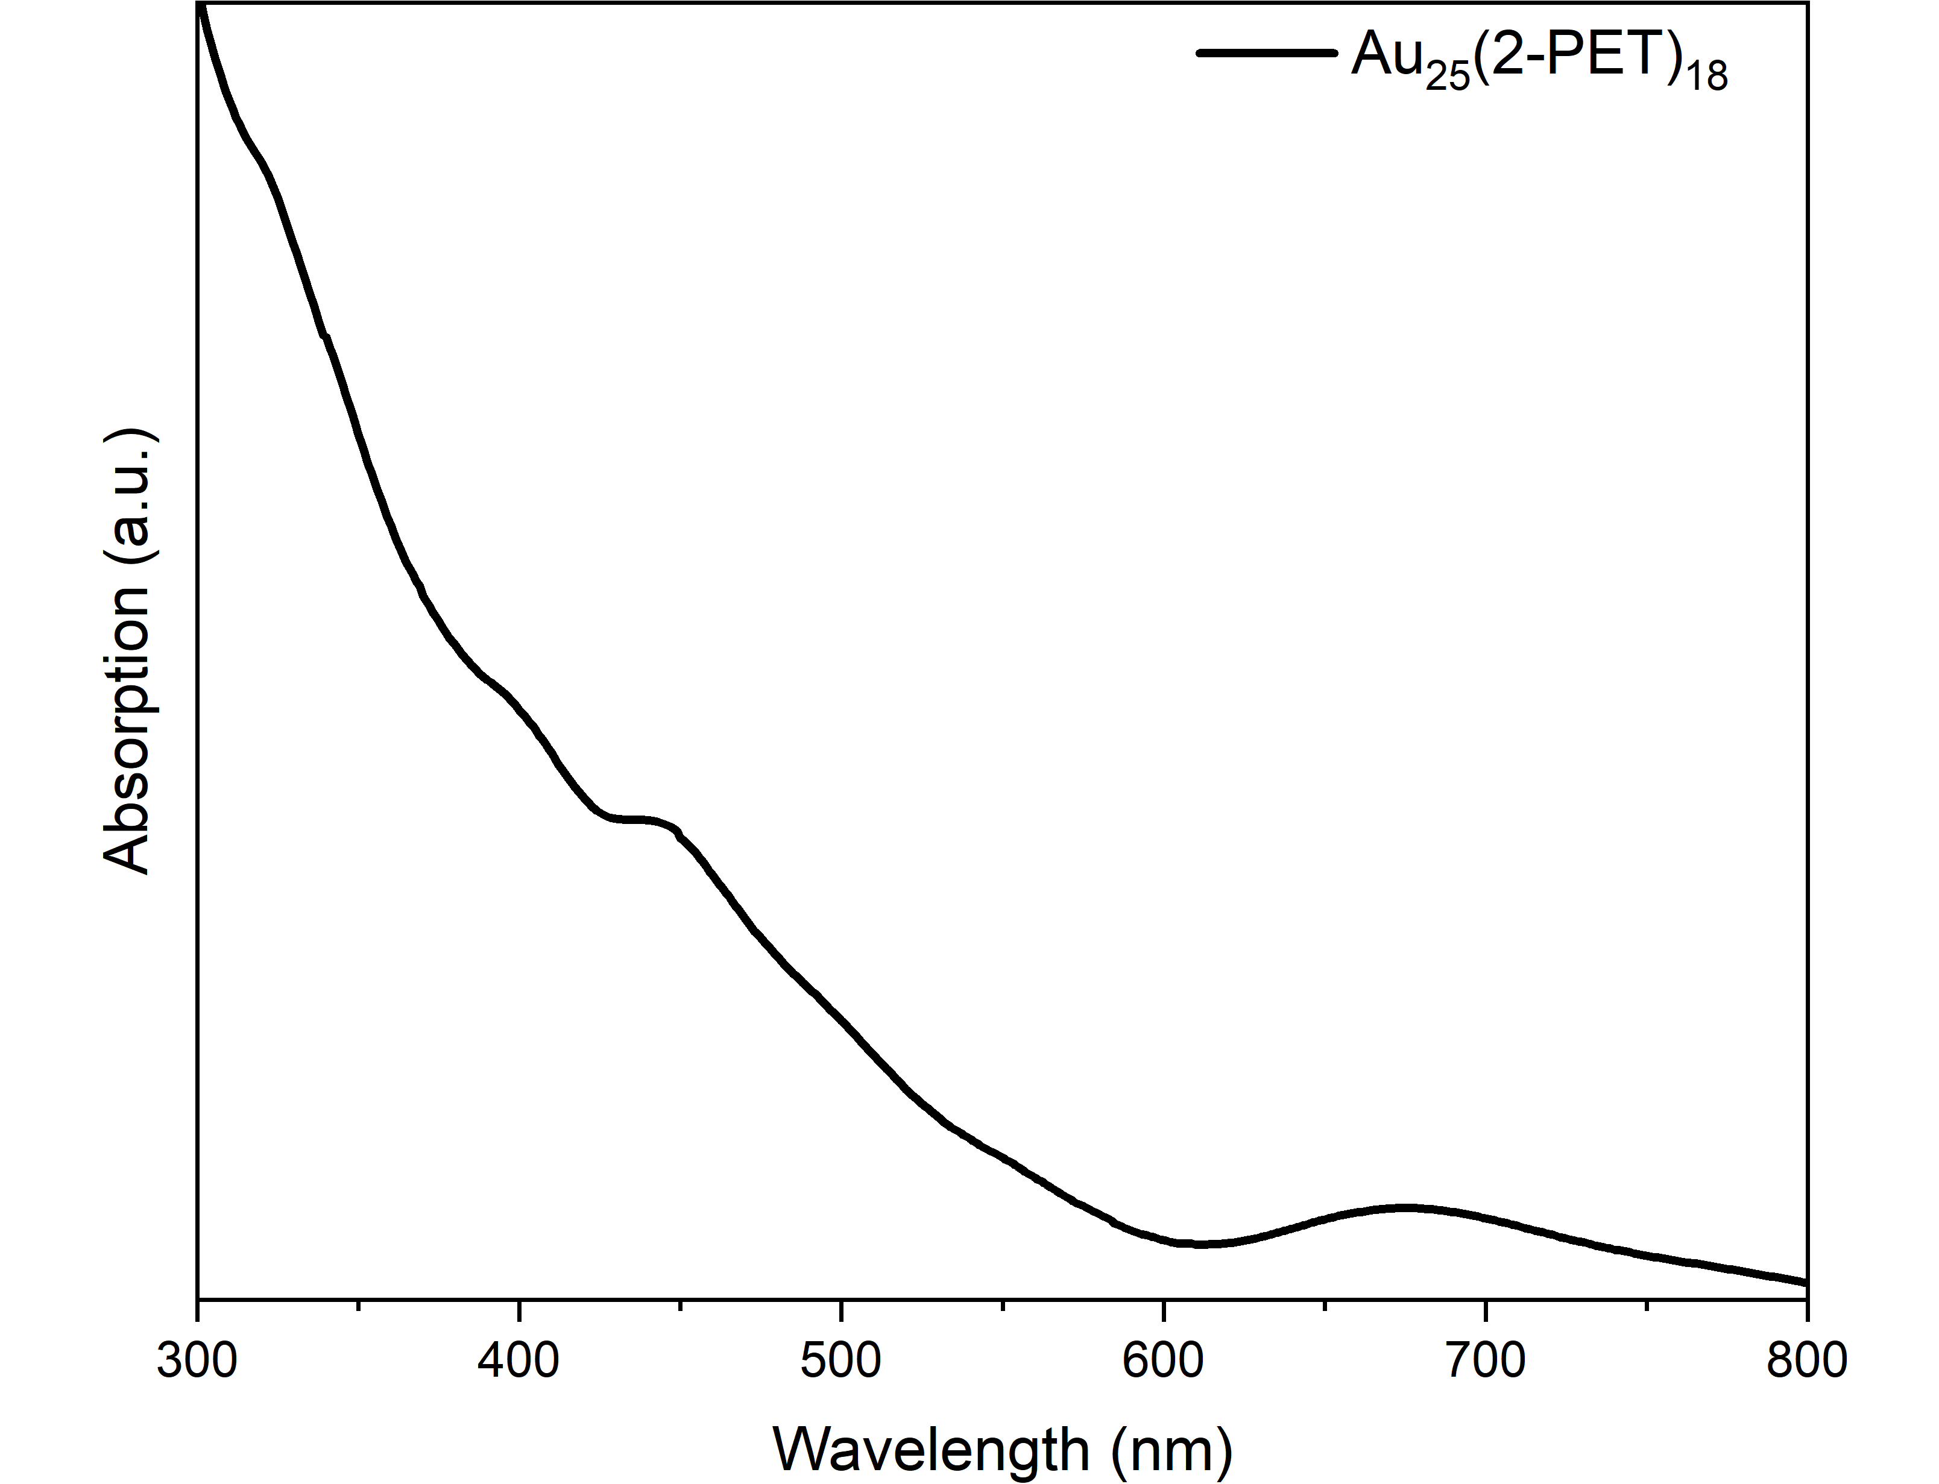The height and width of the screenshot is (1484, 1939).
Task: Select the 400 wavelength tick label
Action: [519, 1361]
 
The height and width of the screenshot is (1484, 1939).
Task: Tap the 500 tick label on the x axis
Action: [841, 1361]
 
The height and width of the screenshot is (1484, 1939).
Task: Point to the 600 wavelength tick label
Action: [1164, 1361]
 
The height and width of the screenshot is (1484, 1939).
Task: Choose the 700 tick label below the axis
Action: [1486, 1361]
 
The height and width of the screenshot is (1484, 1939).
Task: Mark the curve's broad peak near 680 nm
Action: [1405, 1207]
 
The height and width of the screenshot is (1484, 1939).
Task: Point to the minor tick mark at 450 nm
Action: [680, 1305]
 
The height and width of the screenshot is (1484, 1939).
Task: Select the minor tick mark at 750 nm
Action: [1647, 1305]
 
